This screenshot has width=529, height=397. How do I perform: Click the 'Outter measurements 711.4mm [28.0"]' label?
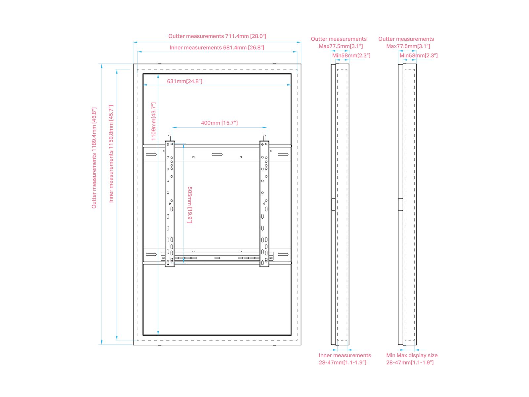(x=217, y=36)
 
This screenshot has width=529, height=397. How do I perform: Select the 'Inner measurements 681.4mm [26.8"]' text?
(x=217, y=47)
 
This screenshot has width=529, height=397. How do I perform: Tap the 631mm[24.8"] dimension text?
(x=184, y=81)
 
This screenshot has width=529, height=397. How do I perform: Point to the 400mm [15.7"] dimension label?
(x=219, y=123)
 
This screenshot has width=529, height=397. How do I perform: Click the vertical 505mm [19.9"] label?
(x=190, y=205)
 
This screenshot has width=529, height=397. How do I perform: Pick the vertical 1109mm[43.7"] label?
(x=153, y=121)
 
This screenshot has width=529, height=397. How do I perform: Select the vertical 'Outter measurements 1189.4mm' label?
(x=94, y=157)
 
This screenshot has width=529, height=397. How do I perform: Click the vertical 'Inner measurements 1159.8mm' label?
(x=111, y=154)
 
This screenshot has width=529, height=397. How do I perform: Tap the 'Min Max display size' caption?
(x=412, y=355)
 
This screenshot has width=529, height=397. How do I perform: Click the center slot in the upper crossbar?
(x=217, y=154)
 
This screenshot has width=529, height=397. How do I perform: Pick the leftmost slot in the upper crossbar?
(x=151, y=154)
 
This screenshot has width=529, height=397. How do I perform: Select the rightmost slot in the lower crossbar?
(x=283, y=254)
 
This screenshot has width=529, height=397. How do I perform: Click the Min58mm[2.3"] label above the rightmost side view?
(x=419, y=55)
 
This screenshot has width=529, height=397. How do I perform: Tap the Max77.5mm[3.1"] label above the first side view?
(x=341, y=46)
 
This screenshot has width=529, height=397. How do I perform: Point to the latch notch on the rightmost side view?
(x=401, y=204)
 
